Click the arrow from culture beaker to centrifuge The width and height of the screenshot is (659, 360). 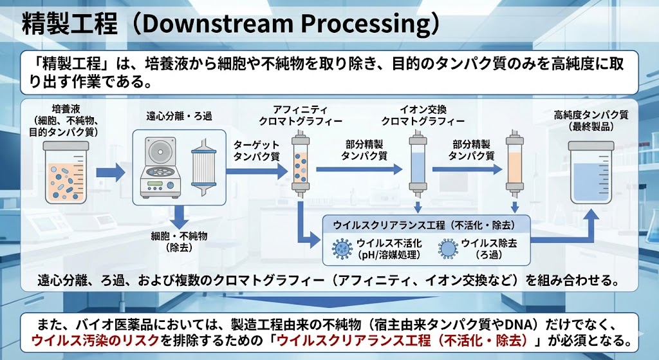coord(110,172)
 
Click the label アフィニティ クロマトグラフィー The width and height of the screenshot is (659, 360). coord(300,115)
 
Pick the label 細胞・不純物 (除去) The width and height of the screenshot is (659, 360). coord(178,242)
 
